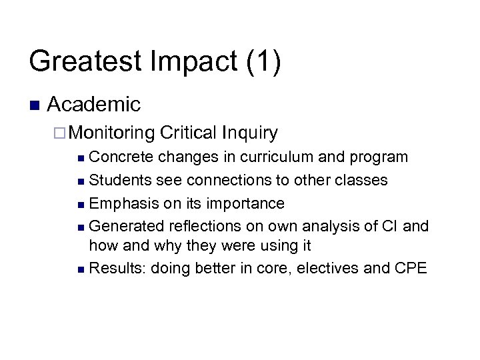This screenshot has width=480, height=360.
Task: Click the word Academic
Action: pyautogui.click(x=94, y=105)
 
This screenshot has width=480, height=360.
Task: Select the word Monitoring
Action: pyautogui.click(x=111, y=133)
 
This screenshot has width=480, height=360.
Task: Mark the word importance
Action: pyautogui.click(x=246, y=203)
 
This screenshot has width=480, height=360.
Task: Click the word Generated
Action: pyautogui.click(x=125, y=225)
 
